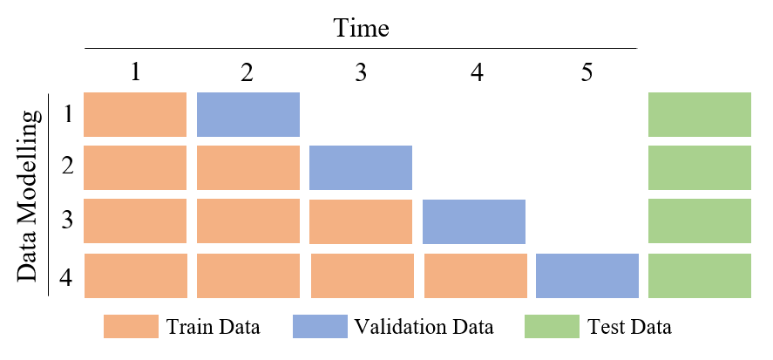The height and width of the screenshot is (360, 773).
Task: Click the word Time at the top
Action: click(361, 28)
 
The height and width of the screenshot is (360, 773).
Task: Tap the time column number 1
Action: click(135, 71)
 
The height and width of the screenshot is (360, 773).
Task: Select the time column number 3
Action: click(361, 71)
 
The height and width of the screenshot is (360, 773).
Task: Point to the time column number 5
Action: click(587, 71)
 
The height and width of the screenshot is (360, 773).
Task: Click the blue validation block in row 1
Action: click(248, 114)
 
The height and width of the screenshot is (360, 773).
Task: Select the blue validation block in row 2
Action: click(360, 167)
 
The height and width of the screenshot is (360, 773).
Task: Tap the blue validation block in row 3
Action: click(473, 221)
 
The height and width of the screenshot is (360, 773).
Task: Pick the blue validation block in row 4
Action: click(587, 275)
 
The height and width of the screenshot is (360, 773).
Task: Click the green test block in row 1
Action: click(699, 114)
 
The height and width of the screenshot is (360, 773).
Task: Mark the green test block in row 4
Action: click(699, 275)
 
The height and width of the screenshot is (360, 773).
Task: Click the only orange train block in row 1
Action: click(135, 114)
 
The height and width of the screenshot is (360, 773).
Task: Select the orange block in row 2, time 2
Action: click(248, 167)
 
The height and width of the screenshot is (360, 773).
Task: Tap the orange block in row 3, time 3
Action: click(360, 221)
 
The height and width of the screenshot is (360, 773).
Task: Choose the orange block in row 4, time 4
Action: click(475, 275)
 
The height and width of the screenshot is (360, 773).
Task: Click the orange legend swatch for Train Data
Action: click(130, 327)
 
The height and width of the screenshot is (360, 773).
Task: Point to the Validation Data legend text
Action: click(424, 328)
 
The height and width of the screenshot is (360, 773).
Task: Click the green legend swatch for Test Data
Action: click(551, 327)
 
